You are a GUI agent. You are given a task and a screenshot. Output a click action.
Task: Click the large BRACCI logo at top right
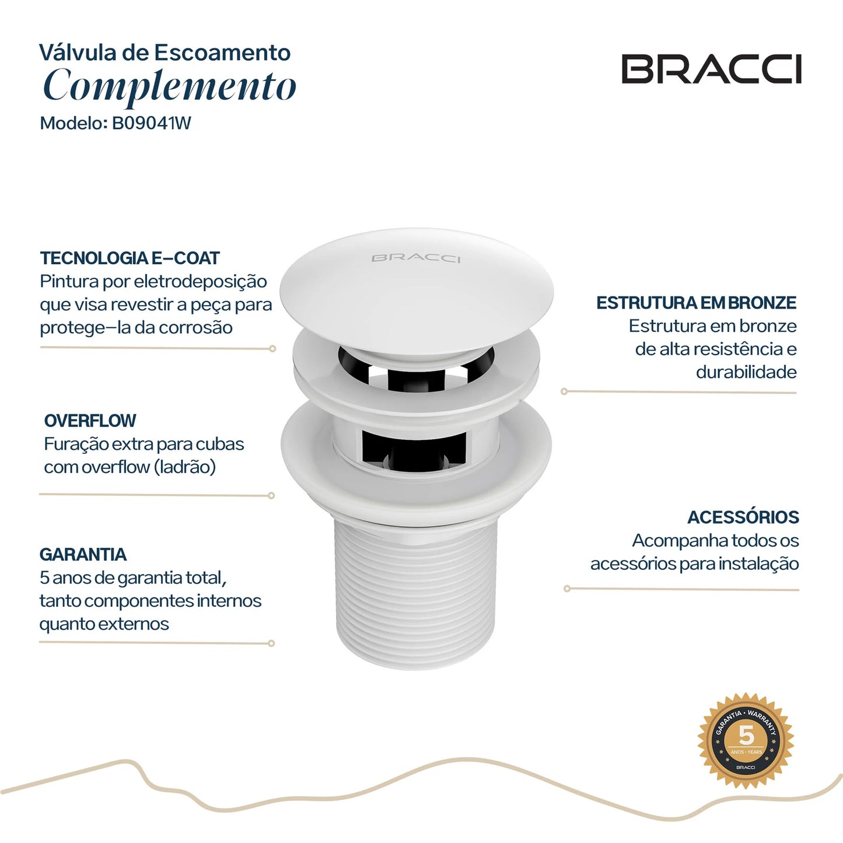711,69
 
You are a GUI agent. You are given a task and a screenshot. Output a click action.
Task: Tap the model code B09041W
151,124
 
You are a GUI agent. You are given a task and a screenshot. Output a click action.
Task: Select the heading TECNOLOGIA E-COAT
130,258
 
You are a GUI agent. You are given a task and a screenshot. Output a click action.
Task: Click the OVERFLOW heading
90,421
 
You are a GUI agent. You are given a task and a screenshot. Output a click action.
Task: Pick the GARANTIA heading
83,554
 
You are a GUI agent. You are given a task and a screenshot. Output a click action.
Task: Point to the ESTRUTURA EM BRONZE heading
696,303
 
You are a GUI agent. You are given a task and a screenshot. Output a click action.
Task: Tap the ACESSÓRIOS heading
743,517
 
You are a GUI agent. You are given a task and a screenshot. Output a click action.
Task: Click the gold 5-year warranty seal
746,741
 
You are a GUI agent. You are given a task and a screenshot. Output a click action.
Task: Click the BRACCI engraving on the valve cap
416,258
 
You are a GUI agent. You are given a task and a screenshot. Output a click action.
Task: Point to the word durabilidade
746,372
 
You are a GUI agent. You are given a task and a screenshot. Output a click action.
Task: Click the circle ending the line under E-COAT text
272,349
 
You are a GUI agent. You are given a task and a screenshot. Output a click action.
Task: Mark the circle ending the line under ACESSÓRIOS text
566,589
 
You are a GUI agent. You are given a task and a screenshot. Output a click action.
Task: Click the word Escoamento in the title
223,53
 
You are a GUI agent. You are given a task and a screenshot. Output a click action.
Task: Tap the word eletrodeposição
200,282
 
